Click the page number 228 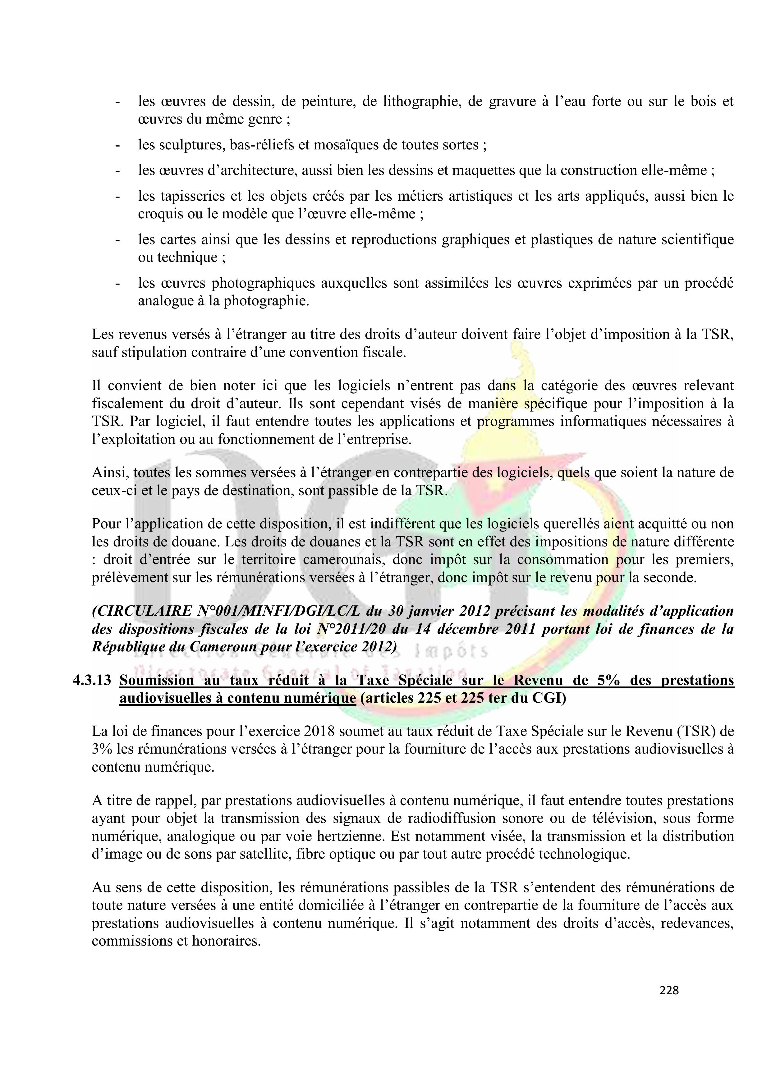tap(669, 990)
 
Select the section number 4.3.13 tap(92, 680)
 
